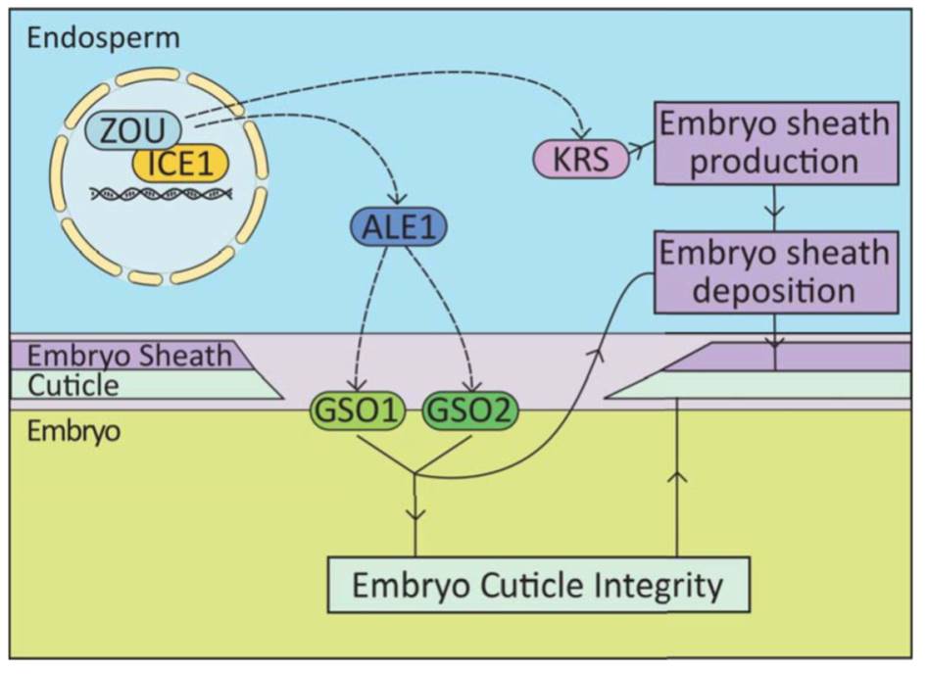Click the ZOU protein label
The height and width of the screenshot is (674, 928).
(132, 129)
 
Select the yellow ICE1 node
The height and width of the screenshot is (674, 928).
(180, 163)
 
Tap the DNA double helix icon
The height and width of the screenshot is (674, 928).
(161, 194)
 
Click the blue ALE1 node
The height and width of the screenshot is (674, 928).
(398, 226)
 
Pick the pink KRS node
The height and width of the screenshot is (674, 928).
(580, 159)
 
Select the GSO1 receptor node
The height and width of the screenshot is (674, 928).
(357, 410)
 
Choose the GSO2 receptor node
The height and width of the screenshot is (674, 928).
(469, 410)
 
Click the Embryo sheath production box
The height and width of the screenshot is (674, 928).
(776, 143)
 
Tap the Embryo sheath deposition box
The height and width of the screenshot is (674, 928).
(776, 272)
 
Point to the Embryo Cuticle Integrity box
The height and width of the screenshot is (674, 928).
(539, 585)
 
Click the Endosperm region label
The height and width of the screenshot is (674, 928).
(104, 38)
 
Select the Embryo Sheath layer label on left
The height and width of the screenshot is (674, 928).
(129, 356)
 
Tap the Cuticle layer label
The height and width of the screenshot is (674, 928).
(73, 385)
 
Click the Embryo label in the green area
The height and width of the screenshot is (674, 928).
(73, 431)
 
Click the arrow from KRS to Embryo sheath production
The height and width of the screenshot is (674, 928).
(641, 149)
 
